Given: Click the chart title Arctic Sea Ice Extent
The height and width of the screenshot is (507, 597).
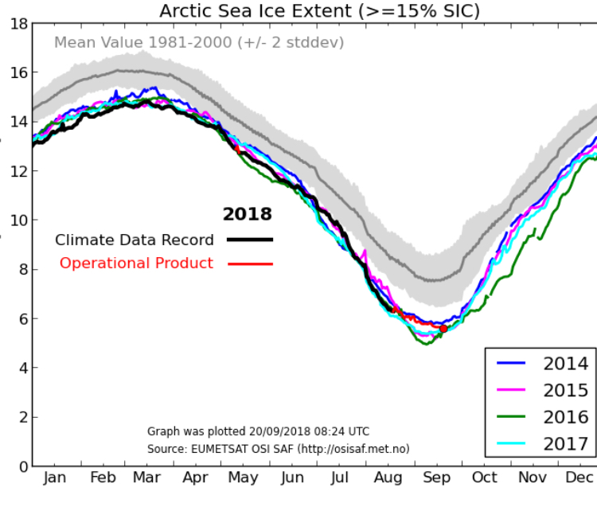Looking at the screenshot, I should tap(319, 10).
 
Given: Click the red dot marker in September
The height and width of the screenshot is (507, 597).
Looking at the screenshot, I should tap(443, 328).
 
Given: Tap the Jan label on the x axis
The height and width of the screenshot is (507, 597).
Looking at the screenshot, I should tap(55, 478).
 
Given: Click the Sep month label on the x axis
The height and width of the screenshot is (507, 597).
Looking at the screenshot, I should tap(437, 478).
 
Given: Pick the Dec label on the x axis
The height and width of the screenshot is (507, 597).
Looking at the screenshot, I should tap(580, 478).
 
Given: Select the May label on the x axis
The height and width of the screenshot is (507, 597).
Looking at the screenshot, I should tap(243, 478).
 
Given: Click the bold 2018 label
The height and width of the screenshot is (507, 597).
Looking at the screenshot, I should tap(247, 214).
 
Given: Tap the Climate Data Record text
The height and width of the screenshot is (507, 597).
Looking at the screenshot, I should tap(135, 240).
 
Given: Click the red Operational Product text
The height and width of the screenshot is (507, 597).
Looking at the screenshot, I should tap(136, 263).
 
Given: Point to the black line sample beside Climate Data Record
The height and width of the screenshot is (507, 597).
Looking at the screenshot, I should tap(249, 240).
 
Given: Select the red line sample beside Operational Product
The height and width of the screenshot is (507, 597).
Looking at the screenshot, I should tap(249, 263).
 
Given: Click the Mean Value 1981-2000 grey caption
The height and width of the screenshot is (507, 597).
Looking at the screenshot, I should tap(199, 42).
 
